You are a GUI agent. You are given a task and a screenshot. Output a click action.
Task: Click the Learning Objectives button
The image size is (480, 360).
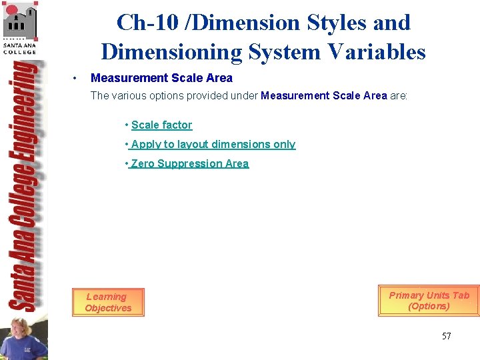tap(108, 302)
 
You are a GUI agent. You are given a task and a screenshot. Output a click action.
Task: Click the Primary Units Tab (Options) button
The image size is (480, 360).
tap(429, 301)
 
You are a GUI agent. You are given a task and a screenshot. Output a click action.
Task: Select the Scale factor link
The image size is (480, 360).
tap(161, 125)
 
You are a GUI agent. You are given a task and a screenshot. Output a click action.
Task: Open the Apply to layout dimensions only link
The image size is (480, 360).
tap(213, 144)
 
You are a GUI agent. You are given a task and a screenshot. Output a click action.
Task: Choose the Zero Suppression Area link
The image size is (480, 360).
tap(189, 163)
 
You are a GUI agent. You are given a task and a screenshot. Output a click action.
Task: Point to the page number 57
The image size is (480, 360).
tap(446, 336)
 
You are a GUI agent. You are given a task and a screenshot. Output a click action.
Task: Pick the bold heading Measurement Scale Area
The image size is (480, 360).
tap(161, 78)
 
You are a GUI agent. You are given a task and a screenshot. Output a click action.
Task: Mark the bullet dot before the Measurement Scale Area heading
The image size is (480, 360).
tap(78, 79)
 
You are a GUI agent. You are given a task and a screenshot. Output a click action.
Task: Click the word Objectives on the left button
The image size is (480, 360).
tap(108, 308)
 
